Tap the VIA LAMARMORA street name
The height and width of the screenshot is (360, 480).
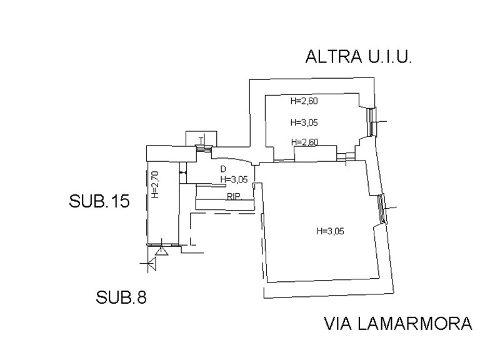[397, 324]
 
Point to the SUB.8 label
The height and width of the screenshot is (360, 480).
[121, 297]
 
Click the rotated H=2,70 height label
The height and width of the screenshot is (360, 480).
[156, 186]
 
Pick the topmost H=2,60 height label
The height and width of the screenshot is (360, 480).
[304, 101]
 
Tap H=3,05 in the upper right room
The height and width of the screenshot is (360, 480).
[304, 122]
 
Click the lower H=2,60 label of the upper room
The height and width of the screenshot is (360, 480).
[304, 142]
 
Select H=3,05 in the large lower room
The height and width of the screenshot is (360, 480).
[331, 231]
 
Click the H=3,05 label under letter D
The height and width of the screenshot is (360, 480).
[234, 179]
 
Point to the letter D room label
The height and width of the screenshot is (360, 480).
[223, 169]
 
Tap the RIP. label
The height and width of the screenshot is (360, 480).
[234, 196]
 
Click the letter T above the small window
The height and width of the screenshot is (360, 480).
[201, 139]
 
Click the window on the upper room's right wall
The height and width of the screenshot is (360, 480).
[371, 122]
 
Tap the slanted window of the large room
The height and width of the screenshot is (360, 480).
[382, 209]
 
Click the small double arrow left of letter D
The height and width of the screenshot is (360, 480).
[182, 172]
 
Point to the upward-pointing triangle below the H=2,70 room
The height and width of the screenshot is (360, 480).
[161, 251]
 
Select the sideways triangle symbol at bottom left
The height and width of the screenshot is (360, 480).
[151, 264]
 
